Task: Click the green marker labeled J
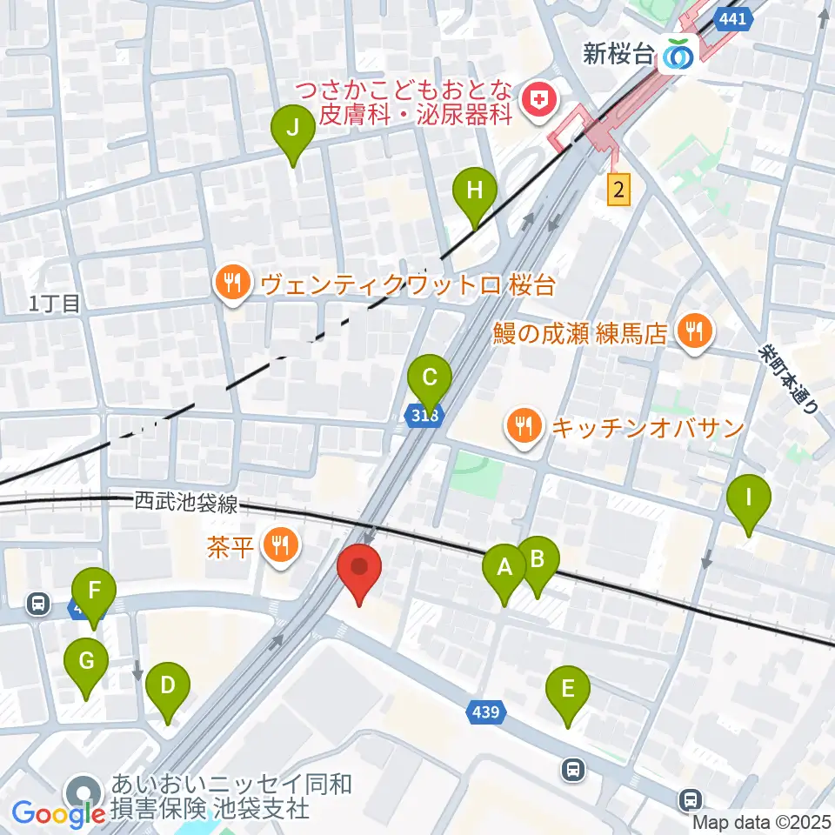(293, 130)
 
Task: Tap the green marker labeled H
(474, 191)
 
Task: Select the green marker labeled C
(430, 378)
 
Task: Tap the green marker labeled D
(168, 686)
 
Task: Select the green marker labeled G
(86, 662)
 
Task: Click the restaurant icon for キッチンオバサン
(523, 426)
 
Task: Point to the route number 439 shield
(486, 713)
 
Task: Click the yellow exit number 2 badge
(618, 189)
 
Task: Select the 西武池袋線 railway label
(186, 503)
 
